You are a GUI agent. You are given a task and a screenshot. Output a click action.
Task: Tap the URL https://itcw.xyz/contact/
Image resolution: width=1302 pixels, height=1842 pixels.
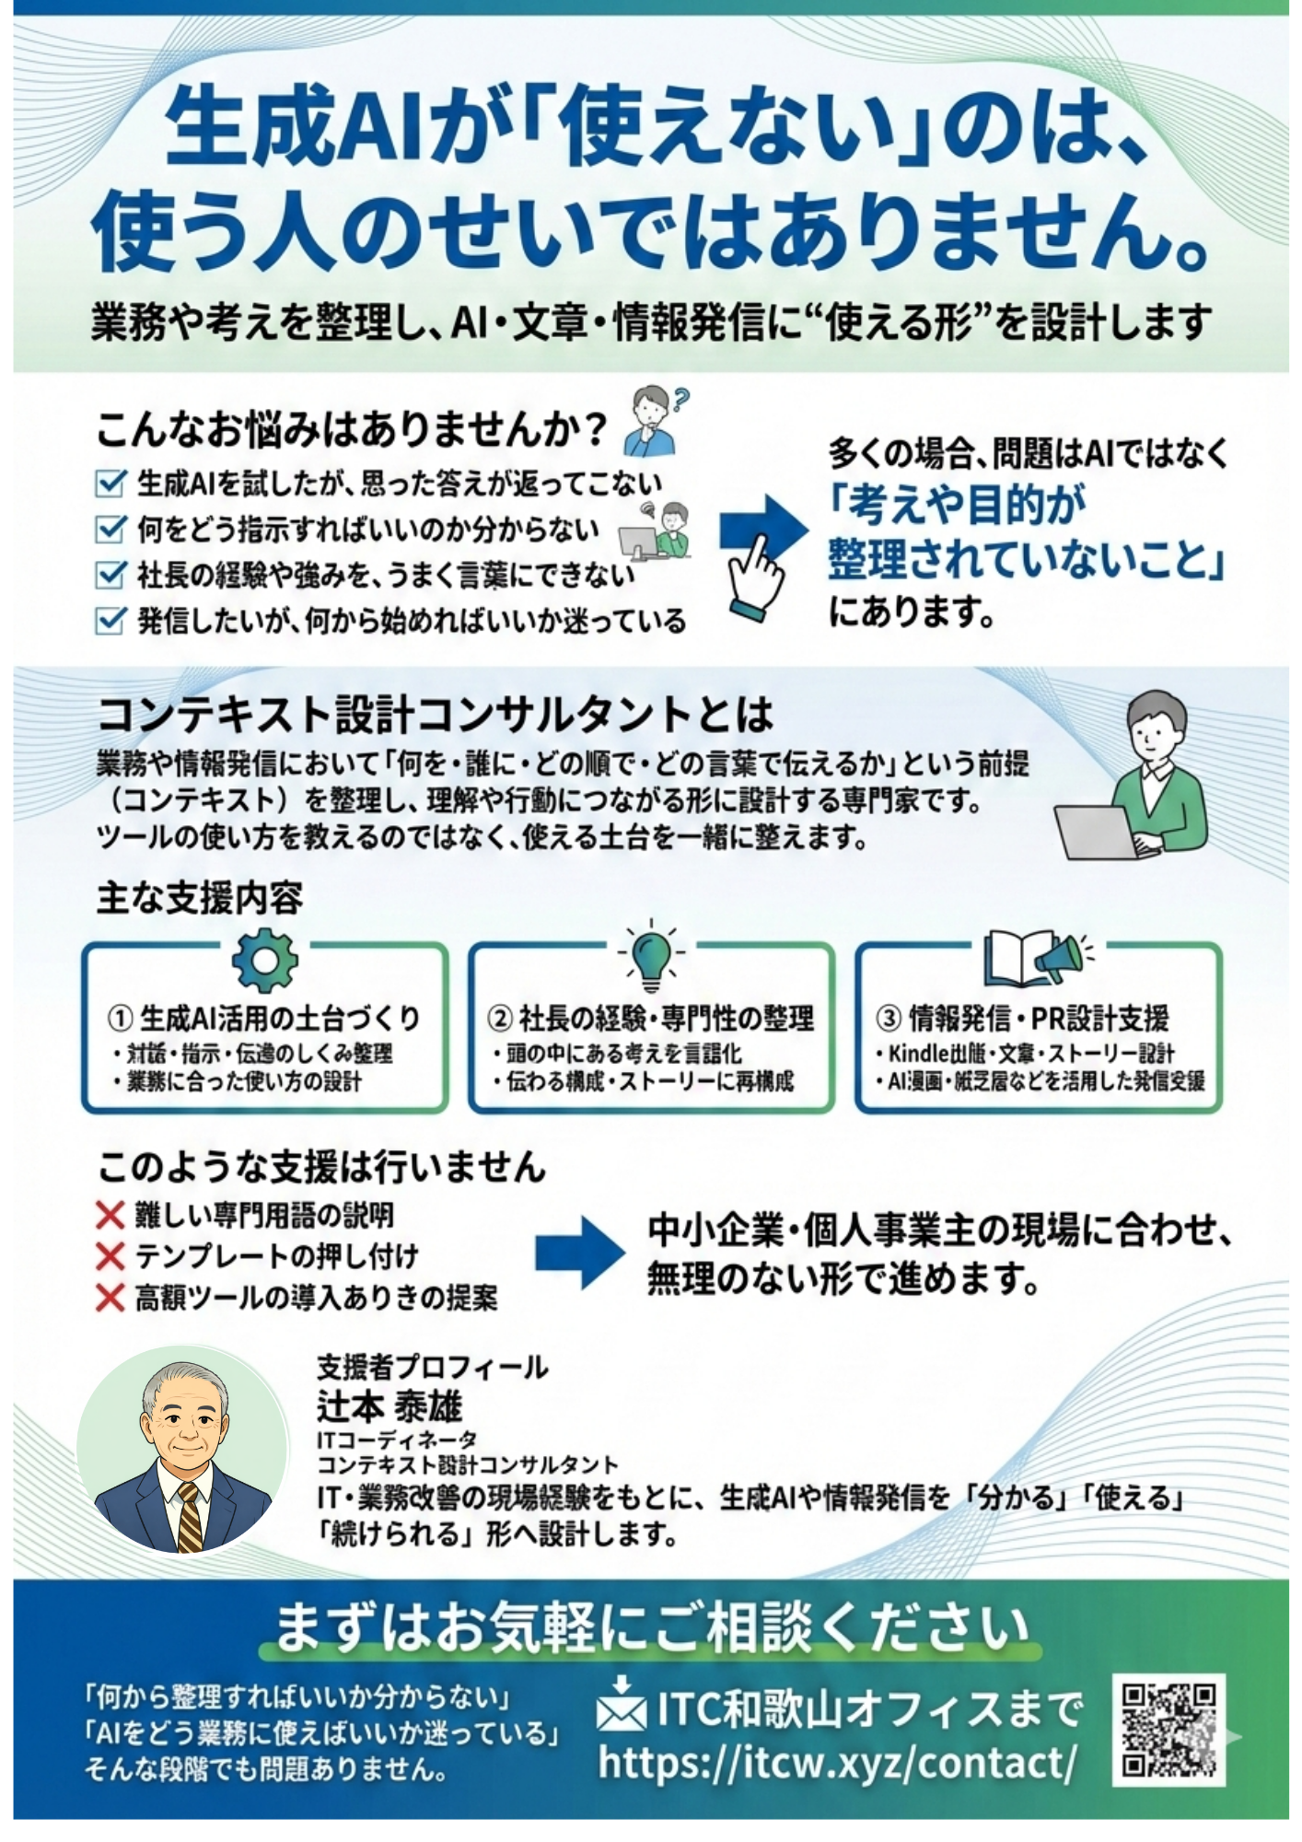(837, 1763)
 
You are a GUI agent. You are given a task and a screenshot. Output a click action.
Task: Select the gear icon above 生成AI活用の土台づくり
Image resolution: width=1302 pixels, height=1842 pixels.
(265, 960)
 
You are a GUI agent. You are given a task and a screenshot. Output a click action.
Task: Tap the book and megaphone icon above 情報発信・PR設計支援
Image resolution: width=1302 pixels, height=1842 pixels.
(1036, 958)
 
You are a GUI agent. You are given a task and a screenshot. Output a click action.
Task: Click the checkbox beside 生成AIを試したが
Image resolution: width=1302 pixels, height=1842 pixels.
(110, 483)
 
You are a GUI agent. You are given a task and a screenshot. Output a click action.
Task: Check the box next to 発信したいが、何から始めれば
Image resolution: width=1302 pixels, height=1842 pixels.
(110, 621)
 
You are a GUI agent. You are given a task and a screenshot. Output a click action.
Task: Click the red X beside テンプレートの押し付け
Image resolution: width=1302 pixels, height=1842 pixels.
(110, 1256)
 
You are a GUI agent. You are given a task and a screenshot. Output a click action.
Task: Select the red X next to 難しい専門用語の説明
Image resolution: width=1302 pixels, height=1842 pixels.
(110, 1216)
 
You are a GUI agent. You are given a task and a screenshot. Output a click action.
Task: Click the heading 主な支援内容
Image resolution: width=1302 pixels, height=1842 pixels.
(200, 898)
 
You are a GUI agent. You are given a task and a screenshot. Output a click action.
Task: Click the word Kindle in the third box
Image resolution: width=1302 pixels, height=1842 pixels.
(920, 1053)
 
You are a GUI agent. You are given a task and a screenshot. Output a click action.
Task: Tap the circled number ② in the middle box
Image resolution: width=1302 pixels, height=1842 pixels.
(499, 1018)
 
